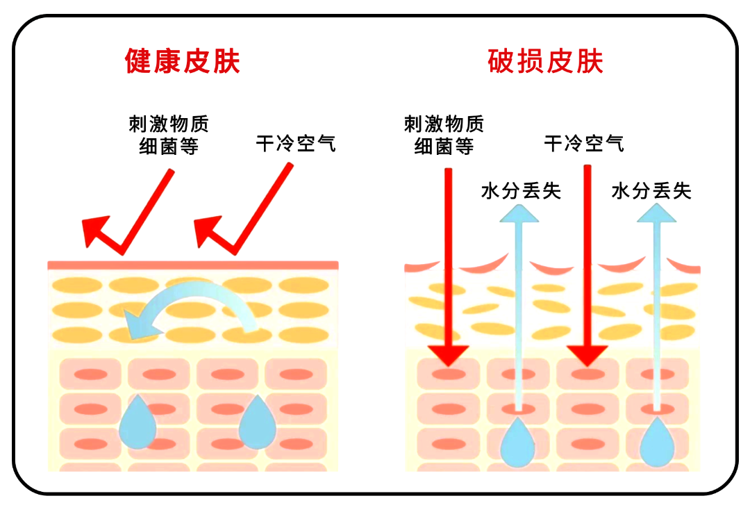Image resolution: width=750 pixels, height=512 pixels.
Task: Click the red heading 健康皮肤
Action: (183, 61)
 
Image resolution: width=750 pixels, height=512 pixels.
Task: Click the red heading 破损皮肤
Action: (546, 61)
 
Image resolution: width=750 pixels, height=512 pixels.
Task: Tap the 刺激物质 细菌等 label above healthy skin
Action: (169, 135)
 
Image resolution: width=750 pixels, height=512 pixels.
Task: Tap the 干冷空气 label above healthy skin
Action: (296, 144)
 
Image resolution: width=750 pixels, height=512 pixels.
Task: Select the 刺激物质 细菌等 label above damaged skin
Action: (444, 135)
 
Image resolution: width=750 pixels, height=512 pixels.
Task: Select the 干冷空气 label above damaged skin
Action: (584, 144)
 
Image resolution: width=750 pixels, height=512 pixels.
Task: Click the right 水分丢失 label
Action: (651, 190)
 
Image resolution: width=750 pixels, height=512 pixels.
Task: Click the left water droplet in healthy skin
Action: (137, 421)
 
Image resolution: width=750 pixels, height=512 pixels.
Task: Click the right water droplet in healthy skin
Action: (258, 421)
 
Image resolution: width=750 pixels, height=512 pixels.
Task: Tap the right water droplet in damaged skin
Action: (657, 443)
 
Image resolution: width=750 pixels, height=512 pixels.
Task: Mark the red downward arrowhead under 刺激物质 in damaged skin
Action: (449, 355)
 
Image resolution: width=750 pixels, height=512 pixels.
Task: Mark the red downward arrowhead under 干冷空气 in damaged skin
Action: (587, 355)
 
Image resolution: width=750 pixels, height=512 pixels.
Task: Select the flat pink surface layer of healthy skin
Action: (192, 265)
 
